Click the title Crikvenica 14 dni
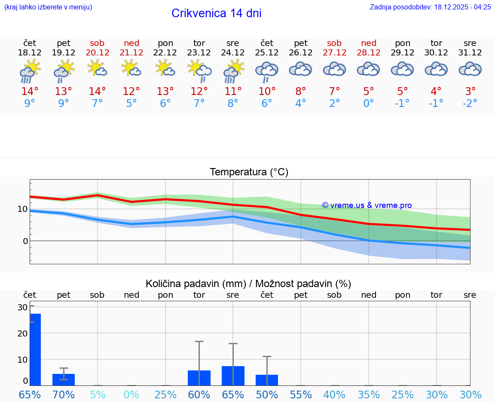pos(216,13)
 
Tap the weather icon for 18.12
pos(30,71)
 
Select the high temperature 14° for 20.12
pos(97,92)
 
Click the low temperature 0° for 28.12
pos(369,104)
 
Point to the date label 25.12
pos(267,53)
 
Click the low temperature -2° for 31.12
pos(470,104)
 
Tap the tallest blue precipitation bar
pos(35,349)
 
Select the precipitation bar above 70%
pos(64,379)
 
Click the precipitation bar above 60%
pos(199,378)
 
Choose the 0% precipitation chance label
pos(131,395)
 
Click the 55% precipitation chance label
pos(301,395)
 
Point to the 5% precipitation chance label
pos(98,395)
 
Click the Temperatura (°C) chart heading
pos(249,172)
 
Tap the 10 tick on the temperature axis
pos(22,209)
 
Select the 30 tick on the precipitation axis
pos(22,307)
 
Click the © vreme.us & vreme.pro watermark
pos(367,205)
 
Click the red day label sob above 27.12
pos(334,43)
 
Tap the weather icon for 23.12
pos(199,70)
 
